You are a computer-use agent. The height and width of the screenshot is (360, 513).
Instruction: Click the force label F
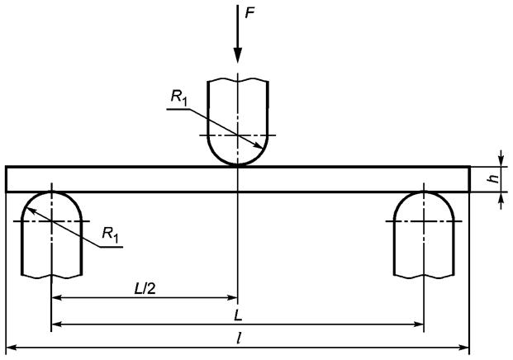[249, 13]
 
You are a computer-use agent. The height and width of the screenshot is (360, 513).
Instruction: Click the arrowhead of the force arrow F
[238, 55]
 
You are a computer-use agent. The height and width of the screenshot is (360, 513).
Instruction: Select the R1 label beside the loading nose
[179, 97]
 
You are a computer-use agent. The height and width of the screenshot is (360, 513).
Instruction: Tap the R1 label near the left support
[110, 234]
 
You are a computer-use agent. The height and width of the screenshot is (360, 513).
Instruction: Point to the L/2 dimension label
[145, 289]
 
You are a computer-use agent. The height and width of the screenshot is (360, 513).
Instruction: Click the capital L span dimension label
[238, 315]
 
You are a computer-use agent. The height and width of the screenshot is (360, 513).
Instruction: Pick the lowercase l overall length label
[240, 339]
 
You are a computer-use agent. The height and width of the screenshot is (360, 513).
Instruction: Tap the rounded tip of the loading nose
[238, 164]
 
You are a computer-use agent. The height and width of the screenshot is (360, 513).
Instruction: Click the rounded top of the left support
[52, 192]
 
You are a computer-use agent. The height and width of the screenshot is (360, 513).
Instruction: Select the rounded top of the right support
[424, 192]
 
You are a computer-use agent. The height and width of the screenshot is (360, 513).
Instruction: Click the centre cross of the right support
[424, 221]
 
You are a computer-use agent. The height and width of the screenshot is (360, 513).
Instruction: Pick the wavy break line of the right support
[424, 277]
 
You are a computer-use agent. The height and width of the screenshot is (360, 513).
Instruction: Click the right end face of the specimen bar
[470, 179]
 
